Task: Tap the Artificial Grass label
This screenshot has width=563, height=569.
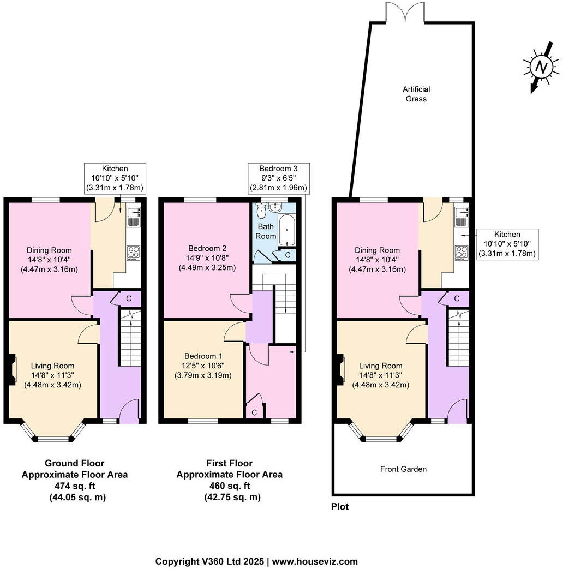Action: (x=416, y=94)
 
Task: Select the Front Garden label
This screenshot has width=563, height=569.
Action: (x=403, y=469)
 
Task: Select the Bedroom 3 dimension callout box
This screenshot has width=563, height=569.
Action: (x=278, y=178)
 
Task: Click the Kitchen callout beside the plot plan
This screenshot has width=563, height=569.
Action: (x=507, y=244)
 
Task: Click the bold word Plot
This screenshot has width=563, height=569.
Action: (x=340, y=507)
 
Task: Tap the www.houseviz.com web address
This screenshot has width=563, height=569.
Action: (x=315, y=561)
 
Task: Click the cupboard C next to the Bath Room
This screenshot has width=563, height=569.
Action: (x=288, y=255)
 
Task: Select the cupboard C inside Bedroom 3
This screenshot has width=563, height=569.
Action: (x=254, y=413)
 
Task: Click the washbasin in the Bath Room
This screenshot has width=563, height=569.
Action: (x=275, y=207)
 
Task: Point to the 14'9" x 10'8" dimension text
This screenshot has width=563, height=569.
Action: (x=207, y=258)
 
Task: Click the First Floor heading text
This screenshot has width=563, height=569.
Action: (x=229, y=463)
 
